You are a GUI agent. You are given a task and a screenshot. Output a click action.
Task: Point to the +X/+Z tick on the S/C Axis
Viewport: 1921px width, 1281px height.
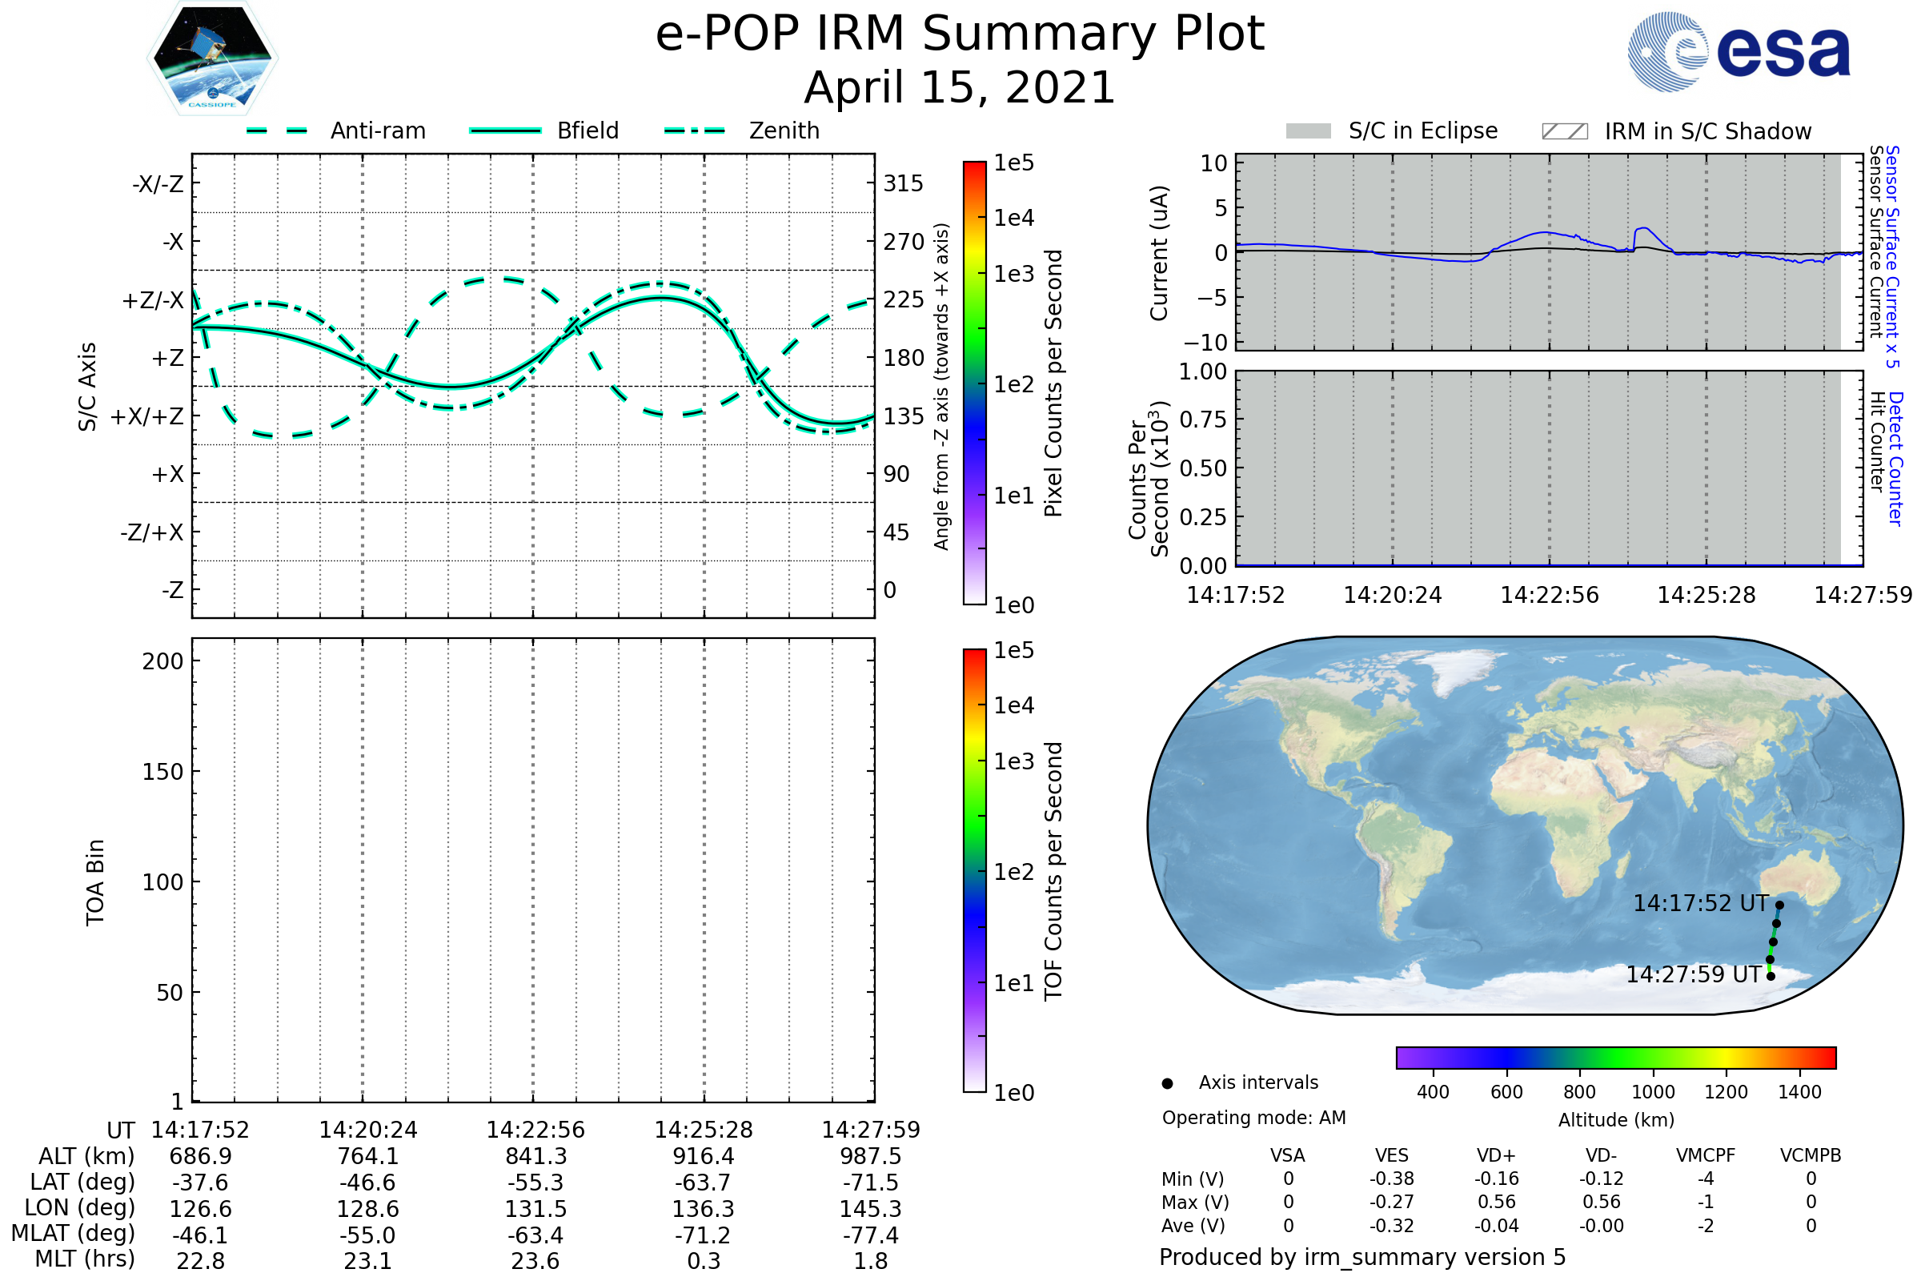147,416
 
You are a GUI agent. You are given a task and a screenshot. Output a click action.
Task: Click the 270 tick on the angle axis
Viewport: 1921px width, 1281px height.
904,242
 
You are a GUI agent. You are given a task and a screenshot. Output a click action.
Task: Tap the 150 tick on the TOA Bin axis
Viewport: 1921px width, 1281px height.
162,772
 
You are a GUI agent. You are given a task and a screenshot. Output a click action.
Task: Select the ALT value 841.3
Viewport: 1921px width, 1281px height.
535,1157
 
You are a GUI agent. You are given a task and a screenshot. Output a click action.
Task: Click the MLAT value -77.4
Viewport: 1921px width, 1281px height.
871,1235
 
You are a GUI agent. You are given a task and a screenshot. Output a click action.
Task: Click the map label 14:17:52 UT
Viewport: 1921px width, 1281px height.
1700,904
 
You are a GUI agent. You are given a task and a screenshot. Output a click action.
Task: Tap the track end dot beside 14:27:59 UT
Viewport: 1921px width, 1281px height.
1771,976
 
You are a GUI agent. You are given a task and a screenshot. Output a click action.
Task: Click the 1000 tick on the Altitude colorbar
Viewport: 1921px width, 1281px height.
1653,1092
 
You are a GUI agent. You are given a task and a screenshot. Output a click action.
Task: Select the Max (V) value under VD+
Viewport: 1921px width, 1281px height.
1496,1203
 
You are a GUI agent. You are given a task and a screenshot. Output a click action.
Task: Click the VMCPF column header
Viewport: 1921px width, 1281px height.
1706,1156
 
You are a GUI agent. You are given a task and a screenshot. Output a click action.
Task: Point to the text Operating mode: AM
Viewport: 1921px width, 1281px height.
1253,1118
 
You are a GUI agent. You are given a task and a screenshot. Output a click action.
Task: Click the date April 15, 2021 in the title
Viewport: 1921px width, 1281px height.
960,87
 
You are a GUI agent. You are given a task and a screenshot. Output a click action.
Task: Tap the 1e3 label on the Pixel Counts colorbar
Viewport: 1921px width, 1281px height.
1013,275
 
